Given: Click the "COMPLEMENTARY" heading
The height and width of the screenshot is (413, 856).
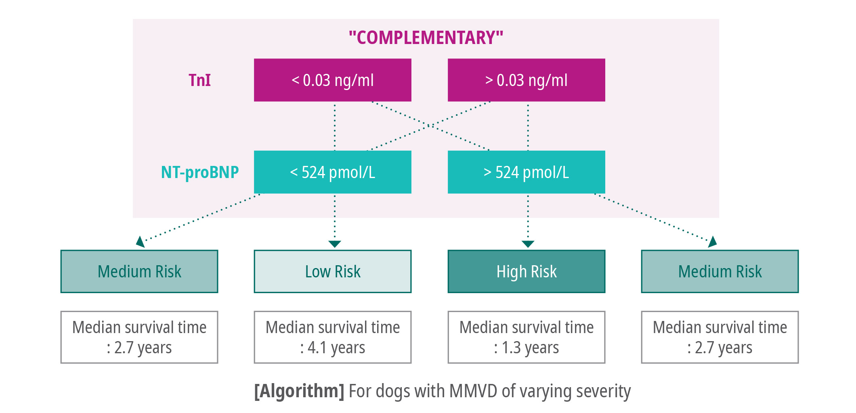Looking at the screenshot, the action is point(426,38).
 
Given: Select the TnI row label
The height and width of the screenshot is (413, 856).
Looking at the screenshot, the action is point(199,80).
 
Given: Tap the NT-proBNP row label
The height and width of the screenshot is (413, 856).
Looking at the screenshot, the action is point(200,172).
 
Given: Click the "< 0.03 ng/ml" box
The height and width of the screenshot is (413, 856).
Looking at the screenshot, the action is point(333,80).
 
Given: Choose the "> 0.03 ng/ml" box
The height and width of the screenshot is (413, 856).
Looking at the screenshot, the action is point(527,80).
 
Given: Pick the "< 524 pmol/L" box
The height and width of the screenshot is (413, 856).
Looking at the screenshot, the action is point(333,172).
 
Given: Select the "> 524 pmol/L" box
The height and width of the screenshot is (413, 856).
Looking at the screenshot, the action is point(527,172).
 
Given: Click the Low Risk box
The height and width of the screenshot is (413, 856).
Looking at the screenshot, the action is point(333,271).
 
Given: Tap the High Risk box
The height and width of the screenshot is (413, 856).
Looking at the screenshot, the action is point(527,271).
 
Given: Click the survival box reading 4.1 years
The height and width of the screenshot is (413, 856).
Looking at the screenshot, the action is point(333,337).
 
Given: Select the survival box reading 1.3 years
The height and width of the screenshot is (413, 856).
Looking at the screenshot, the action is point(527,337).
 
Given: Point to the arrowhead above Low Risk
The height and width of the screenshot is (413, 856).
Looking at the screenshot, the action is point(335,244).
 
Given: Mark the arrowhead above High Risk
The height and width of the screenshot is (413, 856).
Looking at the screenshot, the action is point(528,244).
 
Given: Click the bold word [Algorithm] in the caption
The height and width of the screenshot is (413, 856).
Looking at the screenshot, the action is point(299,391).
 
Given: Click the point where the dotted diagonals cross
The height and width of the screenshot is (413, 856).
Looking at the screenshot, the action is point(430,126).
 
